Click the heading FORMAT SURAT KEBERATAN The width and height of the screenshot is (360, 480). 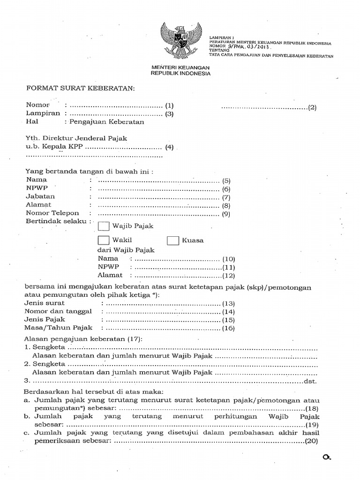(80, 89)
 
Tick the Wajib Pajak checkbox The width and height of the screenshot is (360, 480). (104, 226)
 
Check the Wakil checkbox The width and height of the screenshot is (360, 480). (104, 241)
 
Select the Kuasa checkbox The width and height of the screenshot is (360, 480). (173, 241)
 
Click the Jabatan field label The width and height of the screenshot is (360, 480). (40, 196)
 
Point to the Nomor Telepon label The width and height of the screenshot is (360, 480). (52, 213)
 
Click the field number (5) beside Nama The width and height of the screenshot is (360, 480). (227, 180)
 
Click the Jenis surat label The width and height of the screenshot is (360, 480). (45, 303)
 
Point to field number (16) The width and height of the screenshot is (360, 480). (228, 329)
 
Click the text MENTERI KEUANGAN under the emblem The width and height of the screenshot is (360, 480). (180, 67)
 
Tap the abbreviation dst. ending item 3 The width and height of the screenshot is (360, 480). (311, 381)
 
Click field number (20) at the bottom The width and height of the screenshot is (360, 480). (312, 442)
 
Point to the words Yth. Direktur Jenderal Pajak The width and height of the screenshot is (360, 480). (76, 138)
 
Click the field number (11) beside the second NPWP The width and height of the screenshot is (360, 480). (228, 267)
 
